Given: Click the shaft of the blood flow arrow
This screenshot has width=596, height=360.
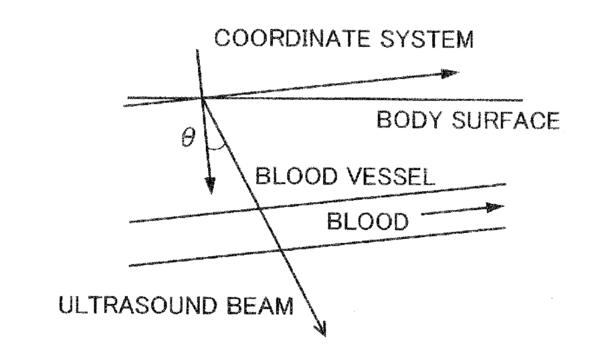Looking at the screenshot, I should point(455,211).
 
